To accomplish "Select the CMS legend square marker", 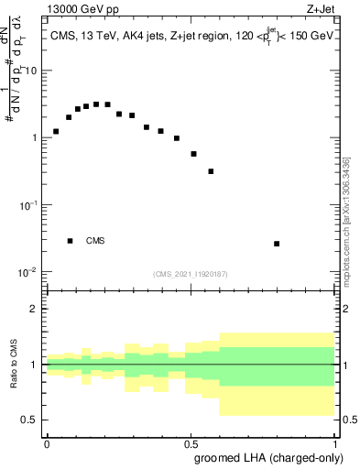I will click(70, 241).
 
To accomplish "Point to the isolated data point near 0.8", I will click(277, 244).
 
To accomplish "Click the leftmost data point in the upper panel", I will click(56, 131).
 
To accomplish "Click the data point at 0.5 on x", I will click(193, 154).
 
